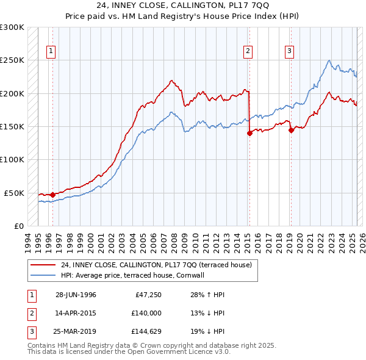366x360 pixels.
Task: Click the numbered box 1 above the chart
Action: [x=50, y=51]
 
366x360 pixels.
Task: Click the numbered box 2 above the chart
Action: [x=248, y=51]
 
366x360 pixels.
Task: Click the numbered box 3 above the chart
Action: [x=289, y=51]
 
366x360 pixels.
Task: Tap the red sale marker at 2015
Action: [x=249, y=133]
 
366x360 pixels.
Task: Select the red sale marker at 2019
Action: [x=291, y=130]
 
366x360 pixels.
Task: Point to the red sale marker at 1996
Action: [x=52, y=195]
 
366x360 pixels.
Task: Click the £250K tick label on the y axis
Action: [x=12, y=60]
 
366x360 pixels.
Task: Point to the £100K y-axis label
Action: [x=12, y=159]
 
